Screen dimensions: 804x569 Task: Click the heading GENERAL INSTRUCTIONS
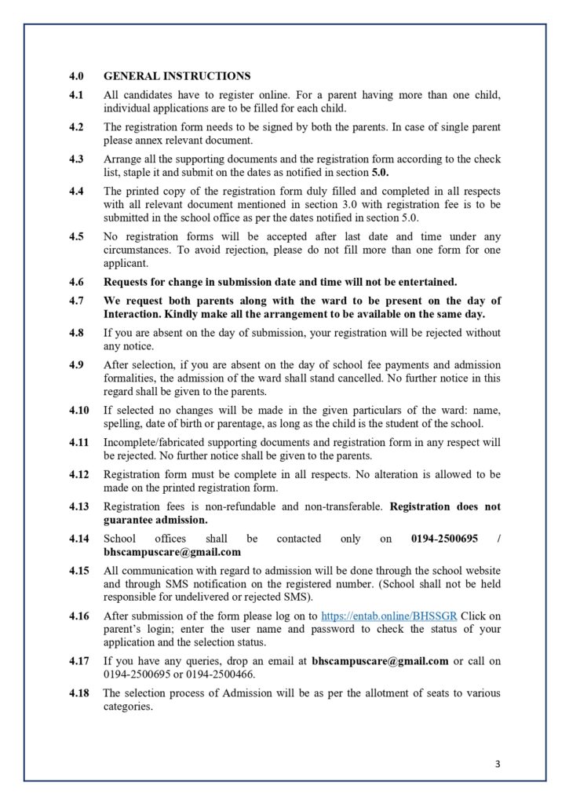click(x=177, y=76)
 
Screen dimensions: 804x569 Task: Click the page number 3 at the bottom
click(x=498, y=764)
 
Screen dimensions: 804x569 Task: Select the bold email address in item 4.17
click(x=380, y=661)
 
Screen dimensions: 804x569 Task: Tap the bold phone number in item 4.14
click(x=444, y=539)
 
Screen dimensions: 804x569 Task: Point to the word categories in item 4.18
click(x=128, y=706)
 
